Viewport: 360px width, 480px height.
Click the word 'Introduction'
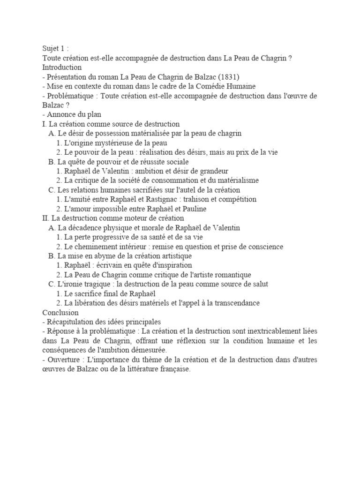(62, 67)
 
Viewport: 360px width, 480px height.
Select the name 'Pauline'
(194, 209)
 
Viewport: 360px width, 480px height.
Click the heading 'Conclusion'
(60, 313)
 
